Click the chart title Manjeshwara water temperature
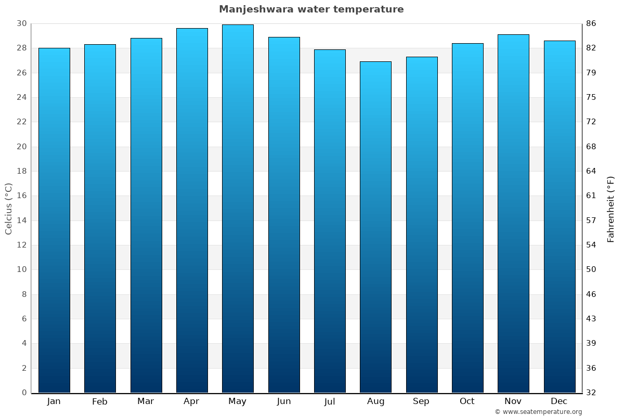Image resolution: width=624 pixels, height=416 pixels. click(311, 9)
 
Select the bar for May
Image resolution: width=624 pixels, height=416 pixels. click(238, 208)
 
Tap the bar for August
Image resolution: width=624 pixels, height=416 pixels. click(375, 227)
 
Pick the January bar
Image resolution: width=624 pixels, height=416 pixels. click(54, 220)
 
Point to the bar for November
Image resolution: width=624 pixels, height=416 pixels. click(513, 213)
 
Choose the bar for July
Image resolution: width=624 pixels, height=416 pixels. click(330, 221)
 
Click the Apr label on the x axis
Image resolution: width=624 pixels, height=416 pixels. click(191, 401)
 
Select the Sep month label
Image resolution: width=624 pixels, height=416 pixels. click(421, 401)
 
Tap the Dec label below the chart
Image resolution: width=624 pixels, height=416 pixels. click(559, 401)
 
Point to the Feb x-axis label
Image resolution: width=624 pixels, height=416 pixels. click(99, 401)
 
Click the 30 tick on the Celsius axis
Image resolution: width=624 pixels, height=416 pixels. click(21, 23)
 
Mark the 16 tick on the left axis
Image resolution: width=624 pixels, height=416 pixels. click(21, 196)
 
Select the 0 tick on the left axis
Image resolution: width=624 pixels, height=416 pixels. click(24, 393)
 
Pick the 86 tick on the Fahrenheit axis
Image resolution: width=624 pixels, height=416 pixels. click(592, 23)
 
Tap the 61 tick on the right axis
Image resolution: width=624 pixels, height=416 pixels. click(592, 196)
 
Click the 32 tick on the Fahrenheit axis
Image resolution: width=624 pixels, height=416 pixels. click(592, 393)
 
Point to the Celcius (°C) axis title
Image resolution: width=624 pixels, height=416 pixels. click(8, 208)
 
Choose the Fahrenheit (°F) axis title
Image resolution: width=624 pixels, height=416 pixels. click(611, 209)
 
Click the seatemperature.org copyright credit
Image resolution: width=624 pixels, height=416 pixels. click(538, 412)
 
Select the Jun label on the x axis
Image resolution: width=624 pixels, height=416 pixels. click(284, 401)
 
